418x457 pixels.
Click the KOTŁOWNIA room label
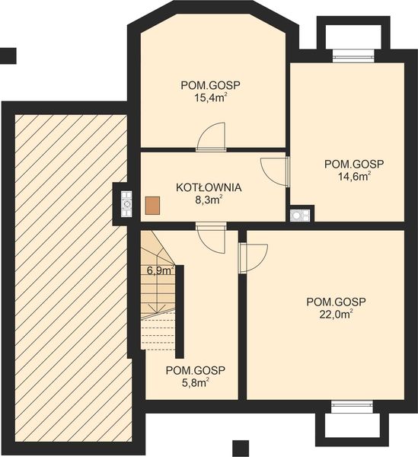point(209,187)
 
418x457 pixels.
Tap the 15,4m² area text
point(211,97)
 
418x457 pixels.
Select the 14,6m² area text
point(354,177)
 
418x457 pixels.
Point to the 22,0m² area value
point(336,314)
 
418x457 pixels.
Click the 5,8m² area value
point(196,382)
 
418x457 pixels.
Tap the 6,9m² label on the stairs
point(161,270)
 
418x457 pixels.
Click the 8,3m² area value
point(209,200)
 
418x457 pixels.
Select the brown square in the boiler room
point(152,206)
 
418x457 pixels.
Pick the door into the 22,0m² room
point(253,258)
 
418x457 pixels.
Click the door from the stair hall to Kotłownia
point(211,238)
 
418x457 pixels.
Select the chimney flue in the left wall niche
point(126,204)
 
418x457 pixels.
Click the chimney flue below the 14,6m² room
point(300,216)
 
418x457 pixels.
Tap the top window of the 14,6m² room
point(353,56)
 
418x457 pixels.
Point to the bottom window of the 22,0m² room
point(352,407)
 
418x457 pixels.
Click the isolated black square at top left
point(8,56)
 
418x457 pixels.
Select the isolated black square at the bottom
point(241,449)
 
